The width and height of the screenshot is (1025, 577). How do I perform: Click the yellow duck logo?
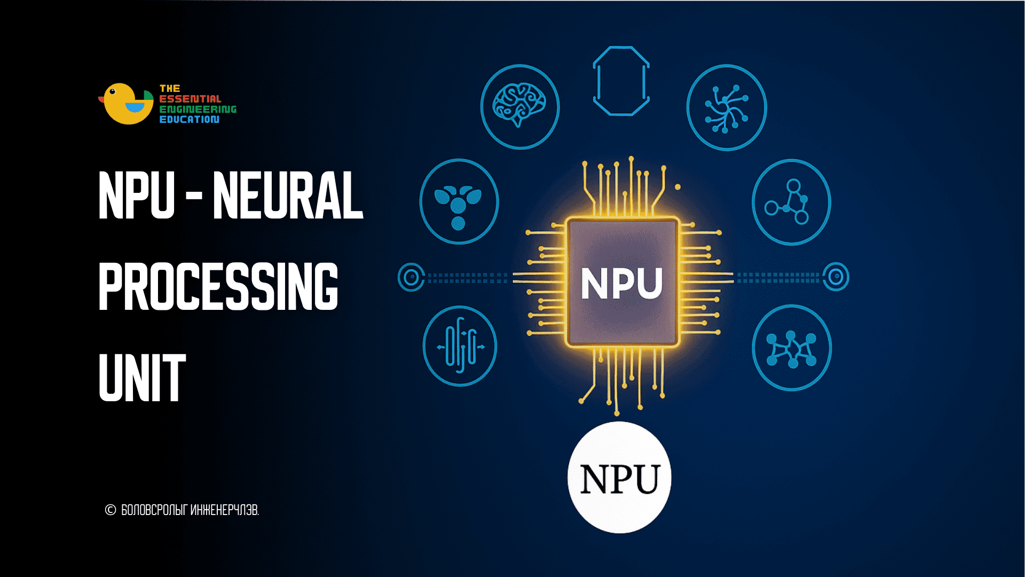point(127,104)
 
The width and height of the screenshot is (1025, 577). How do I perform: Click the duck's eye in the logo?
point(112,91)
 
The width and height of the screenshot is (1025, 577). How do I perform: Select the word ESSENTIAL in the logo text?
point(190,99)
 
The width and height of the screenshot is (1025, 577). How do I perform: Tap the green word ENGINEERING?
point(198,109)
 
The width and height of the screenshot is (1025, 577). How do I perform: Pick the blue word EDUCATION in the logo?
point(190,119)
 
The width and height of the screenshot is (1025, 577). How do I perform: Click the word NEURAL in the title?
point(288,196)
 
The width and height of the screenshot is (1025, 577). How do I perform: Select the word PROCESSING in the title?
point(218,286)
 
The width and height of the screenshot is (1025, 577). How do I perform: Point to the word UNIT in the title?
point(143,377)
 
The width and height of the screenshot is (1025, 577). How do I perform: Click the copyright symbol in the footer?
point(111,510)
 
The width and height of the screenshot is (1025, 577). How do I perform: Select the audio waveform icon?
point(460,346)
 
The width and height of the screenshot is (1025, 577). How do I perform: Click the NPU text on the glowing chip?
point(621,283)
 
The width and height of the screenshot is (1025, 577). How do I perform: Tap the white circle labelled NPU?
point(619,477)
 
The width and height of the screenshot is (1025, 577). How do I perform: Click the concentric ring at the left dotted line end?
point(411,277)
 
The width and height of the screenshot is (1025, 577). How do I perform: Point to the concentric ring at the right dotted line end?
point(835,277)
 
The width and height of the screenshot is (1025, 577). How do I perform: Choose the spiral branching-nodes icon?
point(726,108)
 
